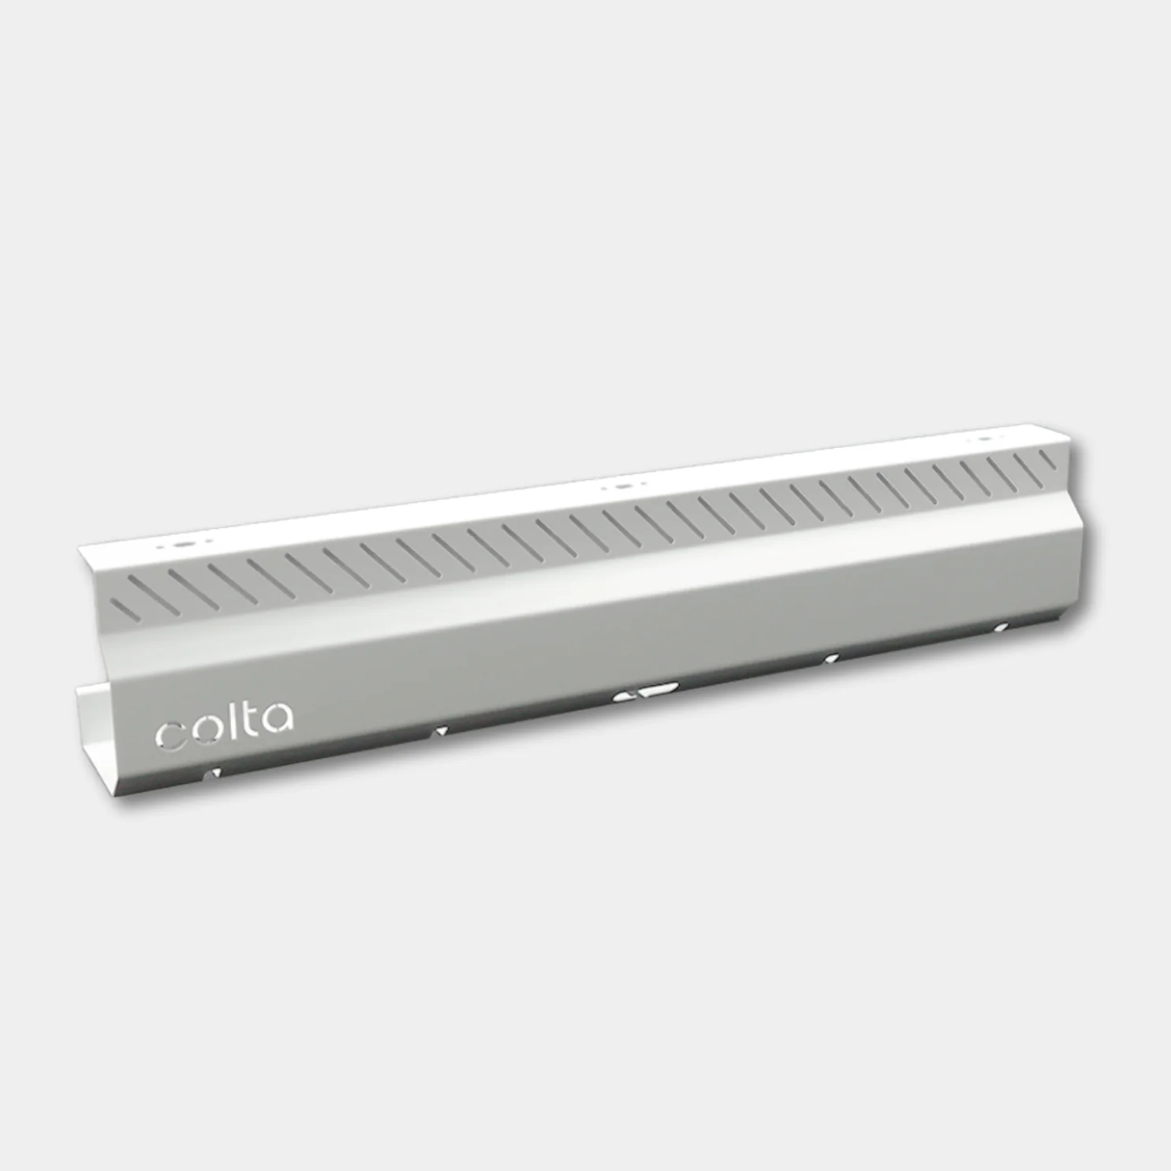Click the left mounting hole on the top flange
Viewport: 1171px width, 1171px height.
[177, 544]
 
